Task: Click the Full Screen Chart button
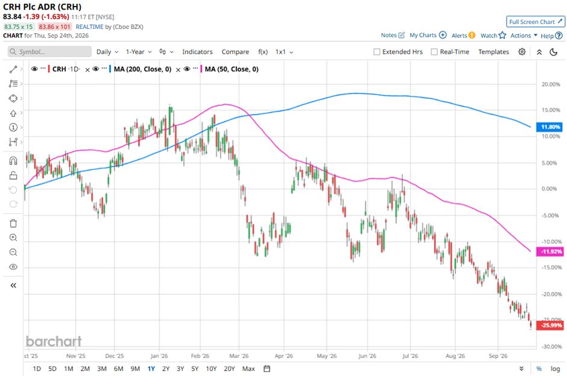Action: (x=536, y=22)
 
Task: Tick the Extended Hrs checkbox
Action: (x=377, y=52)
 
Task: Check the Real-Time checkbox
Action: (x=434, y=52)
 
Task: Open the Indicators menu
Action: (x=197, y=52)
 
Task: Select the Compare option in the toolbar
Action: (x=235, y=52)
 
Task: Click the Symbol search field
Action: (x=49, y=52)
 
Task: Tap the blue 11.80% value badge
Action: (x=550, y=127)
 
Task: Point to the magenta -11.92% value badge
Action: (x=550, y=251)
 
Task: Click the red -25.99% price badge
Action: (x=550, y=325)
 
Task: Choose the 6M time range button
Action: (x=119, y=368)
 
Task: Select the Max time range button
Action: (x=249, y=368)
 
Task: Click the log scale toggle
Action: (x=555, y=368)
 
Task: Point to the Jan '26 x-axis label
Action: (x=159, y=356)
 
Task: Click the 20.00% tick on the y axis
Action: (x=551, y=84)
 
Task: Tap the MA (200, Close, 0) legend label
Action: (x=142, y=69)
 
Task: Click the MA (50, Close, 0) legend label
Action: (x=232, y=69)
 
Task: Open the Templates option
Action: (x=493, y=52)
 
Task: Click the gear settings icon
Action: (x=522, y=52)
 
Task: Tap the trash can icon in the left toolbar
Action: (x=13, y=223)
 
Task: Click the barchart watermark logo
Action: (x=54, y=341)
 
